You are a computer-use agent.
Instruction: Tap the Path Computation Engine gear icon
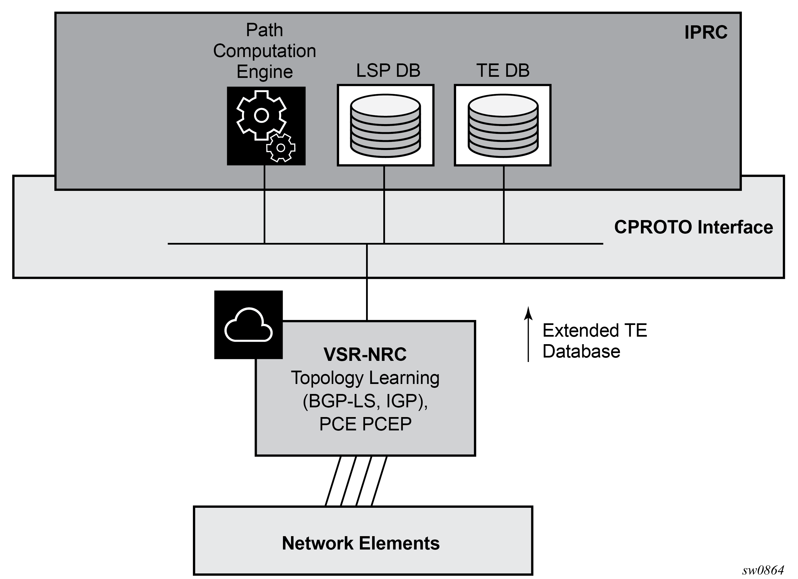(x=266, y=126)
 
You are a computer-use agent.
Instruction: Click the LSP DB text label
(x=388, y=70)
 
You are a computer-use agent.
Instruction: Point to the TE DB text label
(x=503, y=70)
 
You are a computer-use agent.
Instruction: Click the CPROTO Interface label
(x=693, y=227)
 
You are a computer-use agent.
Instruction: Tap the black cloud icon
(x=248, y=325)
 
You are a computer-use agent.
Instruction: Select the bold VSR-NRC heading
(x=365, y=354)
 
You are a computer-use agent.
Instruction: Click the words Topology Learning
(x=365, y=378)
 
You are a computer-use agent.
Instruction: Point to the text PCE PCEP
(x=365, y=424)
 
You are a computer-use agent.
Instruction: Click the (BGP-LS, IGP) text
(x=365, y=401)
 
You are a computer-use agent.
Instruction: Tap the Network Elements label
(x=361, y=543)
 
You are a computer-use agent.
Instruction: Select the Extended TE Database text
(x=595, y=341)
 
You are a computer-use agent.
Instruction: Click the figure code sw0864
(x=763, y=570)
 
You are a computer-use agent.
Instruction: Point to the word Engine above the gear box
(x=265, y=72)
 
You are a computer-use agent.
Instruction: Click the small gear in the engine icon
(x=280, y=147)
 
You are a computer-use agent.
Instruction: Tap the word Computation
(x=265, y=51)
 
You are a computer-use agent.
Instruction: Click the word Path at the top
(x=265, y=30)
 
